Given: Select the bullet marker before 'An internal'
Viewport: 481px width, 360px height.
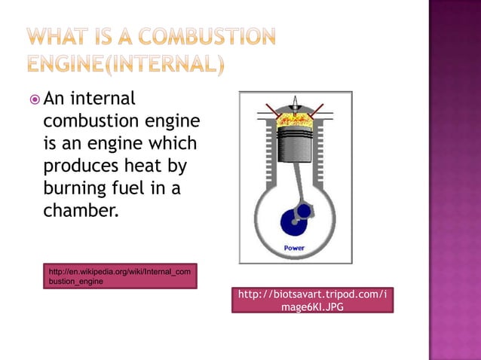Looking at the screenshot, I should point(35,99).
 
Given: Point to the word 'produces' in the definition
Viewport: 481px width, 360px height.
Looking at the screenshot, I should point(78,166).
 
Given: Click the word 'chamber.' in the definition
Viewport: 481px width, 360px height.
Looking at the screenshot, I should point(81,209).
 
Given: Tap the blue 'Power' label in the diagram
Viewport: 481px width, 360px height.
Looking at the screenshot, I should point(294,248).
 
